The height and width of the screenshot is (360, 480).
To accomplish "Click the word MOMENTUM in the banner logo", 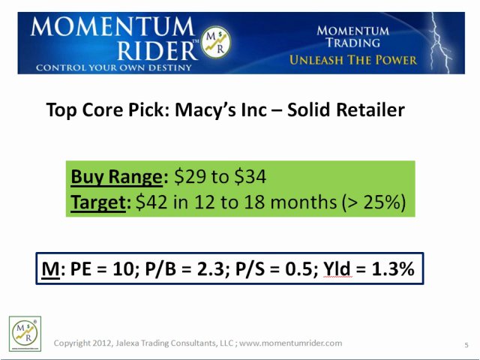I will click(112, 28).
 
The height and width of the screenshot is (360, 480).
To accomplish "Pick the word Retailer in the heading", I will click(366, 110).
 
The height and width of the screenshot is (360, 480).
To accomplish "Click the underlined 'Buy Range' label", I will click(116, 177).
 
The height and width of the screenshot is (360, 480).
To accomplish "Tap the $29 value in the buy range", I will click(190, 177).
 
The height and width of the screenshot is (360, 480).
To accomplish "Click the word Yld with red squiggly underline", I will click(337, 268).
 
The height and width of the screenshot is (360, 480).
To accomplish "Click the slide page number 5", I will click(466, 345).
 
